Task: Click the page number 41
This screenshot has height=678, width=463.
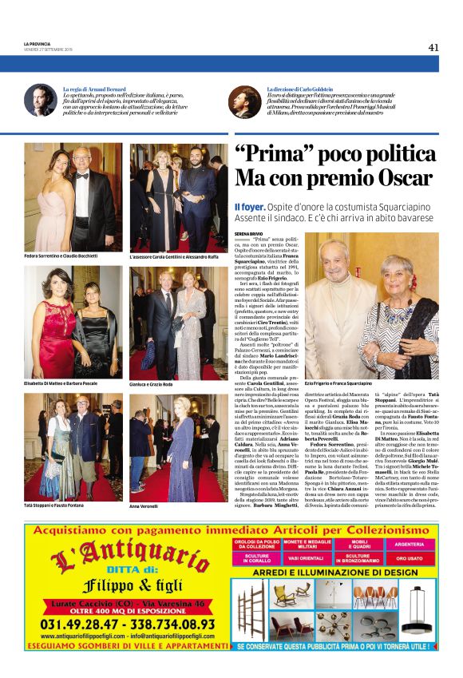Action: (x=433, y=47)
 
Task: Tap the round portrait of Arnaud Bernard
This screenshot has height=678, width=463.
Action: (x=39, y=100)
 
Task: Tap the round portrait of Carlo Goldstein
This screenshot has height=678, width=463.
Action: (x=244, y=100)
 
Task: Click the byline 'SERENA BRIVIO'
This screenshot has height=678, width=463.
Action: (x=248, y=232)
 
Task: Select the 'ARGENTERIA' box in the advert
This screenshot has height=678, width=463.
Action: (x=409, y=543)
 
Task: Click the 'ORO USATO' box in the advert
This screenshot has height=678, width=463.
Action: (x=409, y=559)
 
